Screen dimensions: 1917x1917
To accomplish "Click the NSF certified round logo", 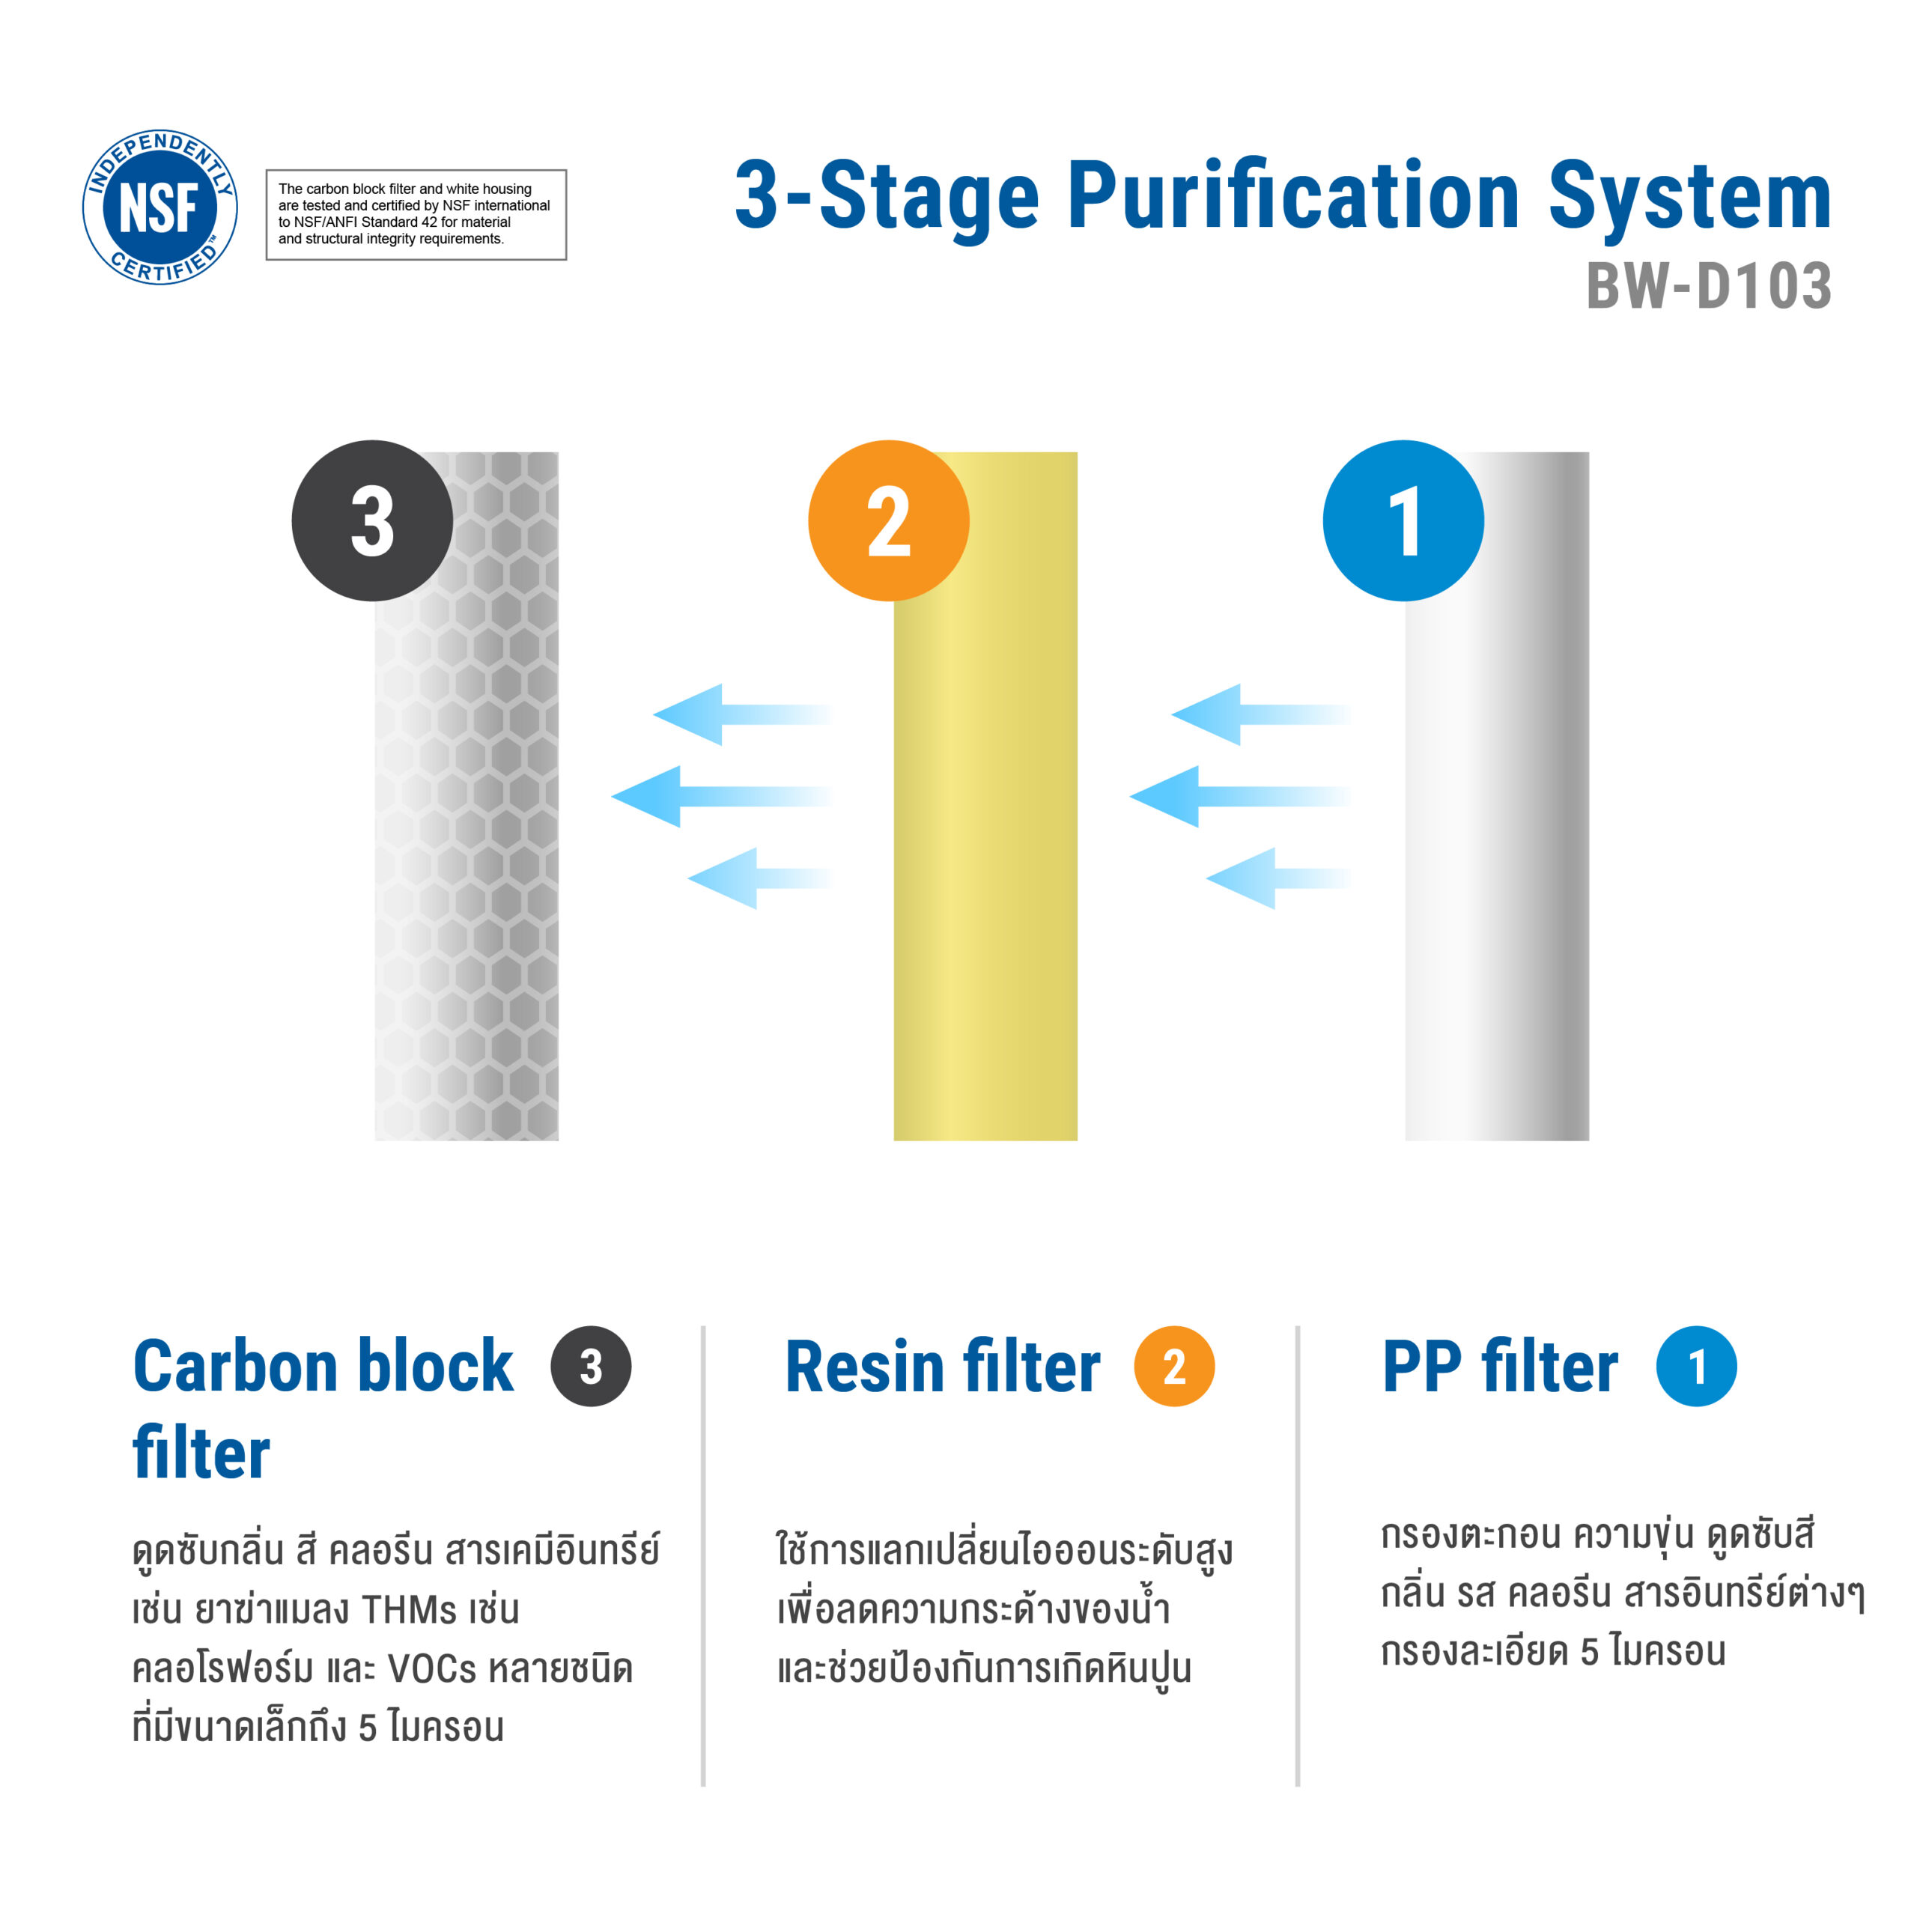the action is point(160,207).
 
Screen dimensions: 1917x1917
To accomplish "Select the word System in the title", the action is point(1690,198).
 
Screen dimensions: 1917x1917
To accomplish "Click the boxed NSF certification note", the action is point(416,214).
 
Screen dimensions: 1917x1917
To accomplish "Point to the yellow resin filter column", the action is point(985,796).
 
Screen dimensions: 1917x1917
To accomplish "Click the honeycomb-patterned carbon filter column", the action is point(467,796).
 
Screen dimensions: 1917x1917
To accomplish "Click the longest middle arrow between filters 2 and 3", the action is point(721,796).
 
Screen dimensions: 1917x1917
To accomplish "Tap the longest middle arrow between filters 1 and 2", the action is point(1240,796).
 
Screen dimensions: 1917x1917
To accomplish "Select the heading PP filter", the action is point(1499,1367).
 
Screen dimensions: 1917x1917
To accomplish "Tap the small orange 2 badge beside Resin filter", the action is point(1174,1367).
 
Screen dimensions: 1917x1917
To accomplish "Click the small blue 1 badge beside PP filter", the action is point(1696,1367).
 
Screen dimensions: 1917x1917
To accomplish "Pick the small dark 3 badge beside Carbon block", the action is point(590,1367).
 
